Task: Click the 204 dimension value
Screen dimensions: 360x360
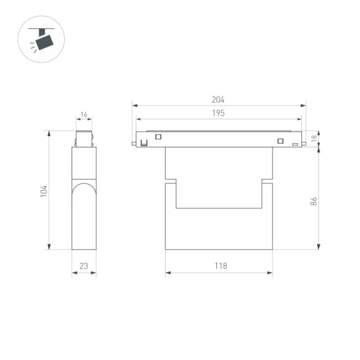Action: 218,100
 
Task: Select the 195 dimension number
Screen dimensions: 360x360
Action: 218,113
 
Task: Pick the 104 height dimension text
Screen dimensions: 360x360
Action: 43,191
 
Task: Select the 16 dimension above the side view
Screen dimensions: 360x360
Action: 84,115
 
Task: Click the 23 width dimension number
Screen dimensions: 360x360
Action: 84,266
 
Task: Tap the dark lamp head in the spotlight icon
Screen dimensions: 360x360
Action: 44,42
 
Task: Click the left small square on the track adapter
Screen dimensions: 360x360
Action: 158,136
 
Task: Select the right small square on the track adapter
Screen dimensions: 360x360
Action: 281,141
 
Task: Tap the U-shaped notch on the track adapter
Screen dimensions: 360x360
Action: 144,143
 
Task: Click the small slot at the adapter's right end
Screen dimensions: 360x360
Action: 295,144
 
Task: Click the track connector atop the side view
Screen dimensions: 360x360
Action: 84,139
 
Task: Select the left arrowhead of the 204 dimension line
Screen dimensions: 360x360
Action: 134,106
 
